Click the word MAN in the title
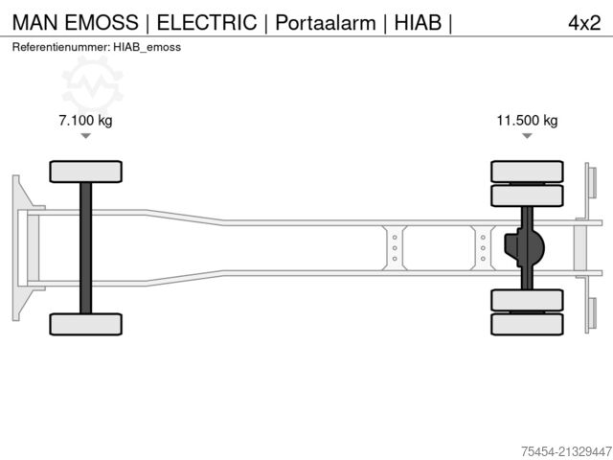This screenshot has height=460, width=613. (x=34, y=22)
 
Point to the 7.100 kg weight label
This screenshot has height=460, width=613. (x=86, y=121)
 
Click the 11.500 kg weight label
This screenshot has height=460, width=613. (x=527, y=121)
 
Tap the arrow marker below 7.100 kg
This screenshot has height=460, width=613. (x=86, y=136)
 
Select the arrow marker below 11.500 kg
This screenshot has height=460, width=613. (x=527, y=136)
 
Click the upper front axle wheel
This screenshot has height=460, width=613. (x=86, y=172)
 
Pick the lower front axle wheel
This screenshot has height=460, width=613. (x=86, y=324)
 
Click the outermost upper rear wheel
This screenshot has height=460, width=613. (x=527, y=172)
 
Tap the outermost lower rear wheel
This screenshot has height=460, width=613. (x=527, y=325)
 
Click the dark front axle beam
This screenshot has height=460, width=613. (x=86, y=247)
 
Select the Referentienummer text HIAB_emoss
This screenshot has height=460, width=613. (x=147, y=46)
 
